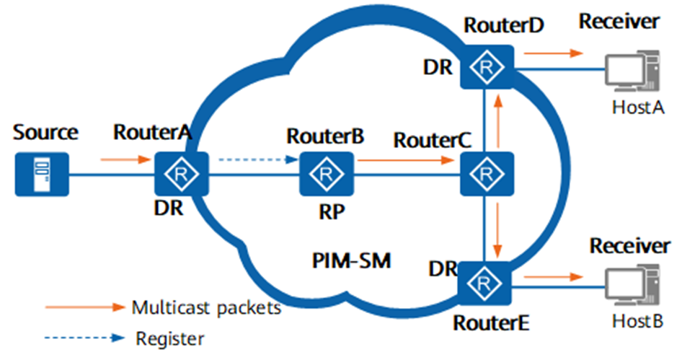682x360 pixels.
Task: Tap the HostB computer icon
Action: pyautogui.click(x=632, y=286)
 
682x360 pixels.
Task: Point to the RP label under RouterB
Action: pyautogui.click(x=327, y=214)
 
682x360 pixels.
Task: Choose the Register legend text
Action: pyautogui.click(x=170, y=337)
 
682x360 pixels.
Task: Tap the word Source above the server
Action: pyautogui.click(x=45, y=133)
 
